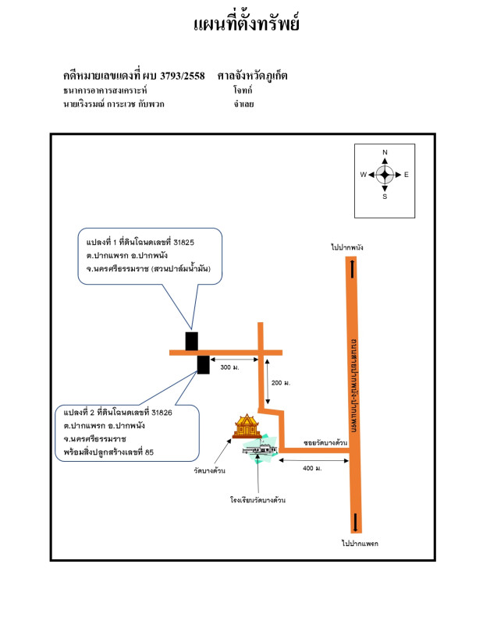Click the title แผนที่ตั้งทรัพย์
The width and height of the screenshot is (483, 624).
pyautogui.click(x=246, y=23)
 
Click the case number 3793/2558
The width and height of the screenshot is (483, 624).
pyautogui.click(x=183, y=76)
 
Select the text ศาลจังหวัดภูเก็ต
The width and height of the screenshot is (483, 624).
pyautogui.click(x=253, y=76)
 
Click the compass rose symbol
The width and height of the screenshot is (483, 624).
pyautogui.click(x=385, y=174)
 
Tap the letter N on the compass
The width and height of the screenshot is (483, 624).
pyautogui.click(x=385, y=153)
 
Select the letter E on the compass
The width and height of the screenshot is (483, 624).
pyautogui.click(x=407, y=175)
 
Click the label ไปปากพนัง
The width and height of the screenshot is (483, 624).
pyautogui.click(x=347, y=247)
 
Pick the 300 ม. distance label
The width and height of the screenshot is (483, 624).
pyautogui.click(x=230, y=367)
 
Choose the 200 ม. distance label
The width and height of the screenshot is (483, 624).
pyautogui.click(x=281, y=383)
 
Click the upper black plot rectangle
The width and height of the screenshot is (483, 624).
pyautogui.click(x=191, y=341)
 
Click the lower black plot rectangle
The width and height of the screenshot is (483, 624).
pyautogui.click(x=203, y=364)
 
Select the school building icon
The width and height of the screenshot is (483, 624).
pyautogui.click(x=261, y=451)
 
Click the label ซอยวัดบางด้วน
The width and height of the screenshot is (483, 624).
pyautogui.click(x=325, y=442)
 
